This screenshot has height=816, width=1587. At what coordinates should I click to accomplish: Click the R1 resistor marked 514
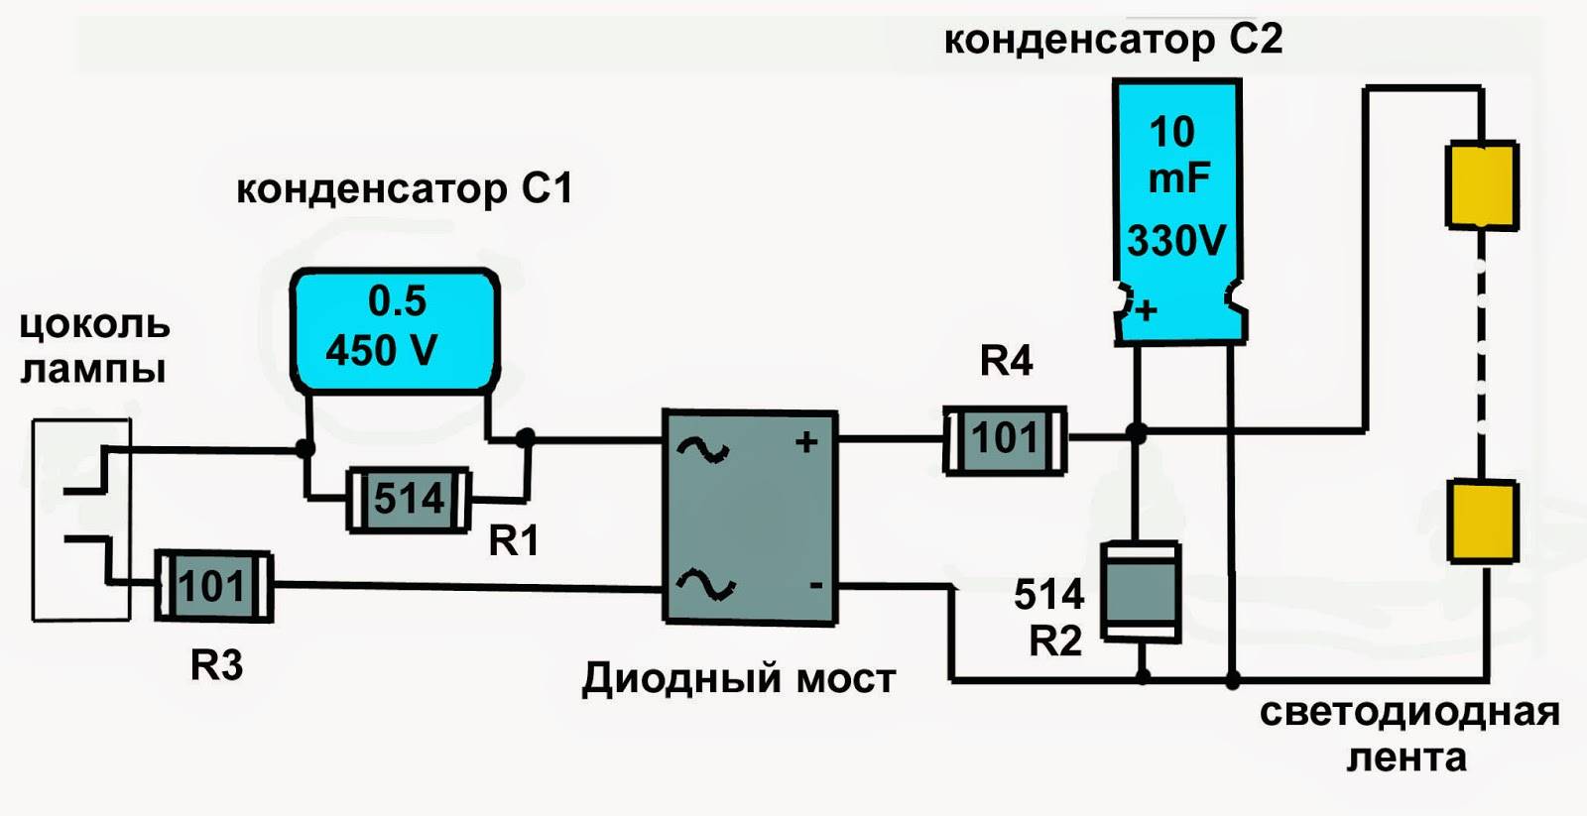pyautogui.click(x=408, y=499)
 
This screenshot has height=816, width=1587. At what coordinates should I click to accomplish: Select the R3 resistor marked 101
pyautogui.click(x=213, y=586)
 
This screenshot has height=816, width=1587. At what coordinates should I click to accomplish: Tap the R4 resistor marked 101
pyautogui.click(x=1005, y=439)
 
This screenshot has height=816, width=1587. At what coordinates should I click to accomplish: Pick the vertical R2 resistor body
pyautogui.click(x=1141, y=592)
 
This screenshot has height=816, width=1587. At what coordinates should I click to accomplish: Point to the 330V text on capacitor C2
pyautogui.click(x=1176, y=241)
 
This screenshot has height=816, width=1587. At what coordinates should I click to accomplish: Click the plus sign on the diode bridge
pyautogui.click(x=806, y=441)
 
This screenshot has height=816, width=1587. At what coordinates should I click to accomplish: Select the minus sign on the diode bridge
pyautogui.click(x=815, y=585)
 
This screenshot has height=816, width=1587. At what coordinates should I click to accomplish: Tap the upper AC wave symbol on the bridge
pyautogui.click(x=702, y=450)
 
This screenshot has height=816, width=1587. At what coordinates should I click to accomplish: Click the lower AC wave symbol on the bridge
pyautogui.click(x=705, y=585)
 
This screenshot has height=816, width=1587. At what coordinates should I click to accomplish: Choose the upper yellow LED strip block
pyautogui.click(x=1482, y=185)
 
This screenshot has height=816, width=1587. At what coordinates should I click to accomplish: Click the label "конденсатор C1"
pyautogui.click(x=405, y=188)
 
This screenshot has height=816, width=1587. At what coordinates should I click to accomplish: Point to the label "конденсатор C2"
pyautogui.click(x=1113, y=40)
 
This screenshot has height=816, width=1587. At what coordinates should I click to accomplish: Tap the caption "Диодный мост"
pyautogui.click(x=739, y=679)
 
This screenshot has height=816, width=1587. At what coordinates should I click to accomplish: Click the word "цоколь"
pyautogui.click(x=95, y=324)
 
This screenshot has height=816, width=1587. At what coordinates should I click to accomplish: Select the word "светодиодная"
pyautogui.click(x=1409, y=712)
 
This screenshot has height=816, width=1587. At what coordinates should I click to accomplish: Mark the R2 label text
pyautogui.click(x=1055, y=641)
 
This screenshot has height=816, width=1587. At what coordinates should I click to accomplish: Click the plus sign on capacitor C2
pyautogui.click(x=1147, y=310)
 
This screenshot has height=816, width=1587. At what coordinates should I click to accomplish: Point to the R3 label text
pyautogui.click(x=216, y=665)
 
